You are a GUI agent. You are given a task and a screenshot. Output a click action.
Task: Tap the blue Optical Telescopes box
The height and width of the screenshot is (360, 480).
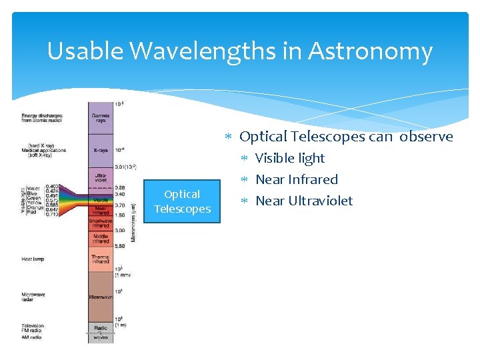[x=182, y=201]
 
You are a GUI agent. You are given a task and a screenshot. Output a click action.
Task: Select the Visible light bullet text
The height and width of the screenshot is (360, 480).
[x=290, y=158]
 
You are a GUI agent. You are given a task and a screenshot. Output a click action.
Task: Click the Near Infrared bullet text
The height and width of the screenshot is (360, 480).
[x=297, y=179]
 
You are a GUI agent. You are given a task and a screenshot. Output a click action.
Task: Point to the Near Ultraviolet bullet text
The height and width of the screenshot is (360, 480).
[x=304, y=201]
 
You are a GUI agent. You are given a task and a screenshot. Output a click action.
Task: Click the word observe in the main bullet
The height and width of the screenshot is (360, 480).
[x=426, y=137]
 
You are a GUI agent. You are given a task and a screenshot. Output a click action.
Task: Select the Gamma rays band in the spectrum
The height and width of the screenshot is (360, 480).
[x=101, y=117]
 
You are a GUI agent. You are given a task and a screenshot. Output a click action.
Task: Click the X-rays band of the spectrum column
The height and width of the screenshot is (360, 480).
[x=101, y=151]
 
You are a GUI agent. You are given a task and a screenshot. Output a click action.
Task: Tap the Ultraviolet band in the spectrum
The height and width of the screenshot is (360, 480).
[x=101, y=177]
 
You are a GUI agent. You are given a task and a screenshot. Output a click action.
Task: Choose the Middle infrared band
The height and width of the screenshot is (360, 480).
[x=101, y=239]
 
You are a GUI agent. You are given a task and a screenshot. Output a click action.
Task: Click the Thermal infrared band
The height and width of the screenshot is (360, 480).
[x=101, y=259]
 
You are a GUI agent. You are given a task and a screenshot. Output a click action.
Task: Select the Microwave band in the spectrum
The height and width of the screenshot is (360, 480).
[x=101, y=297]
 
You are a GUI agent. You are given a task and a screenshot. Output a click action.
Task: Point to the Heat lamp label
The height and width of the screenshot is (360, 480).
[x=34, y=259]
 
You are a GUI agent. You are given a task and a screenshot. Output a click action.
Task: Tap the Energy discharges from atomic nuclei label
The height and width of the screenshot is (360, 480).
[x=43, y=117]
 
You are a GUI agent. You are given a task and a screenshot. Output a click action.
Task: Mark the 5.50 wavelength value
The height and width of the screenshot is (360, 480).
[x=120, y=246]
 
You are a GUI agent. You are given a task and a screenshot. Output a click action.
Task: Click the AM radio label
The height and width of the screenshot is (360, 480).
[x=31, y=337]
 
